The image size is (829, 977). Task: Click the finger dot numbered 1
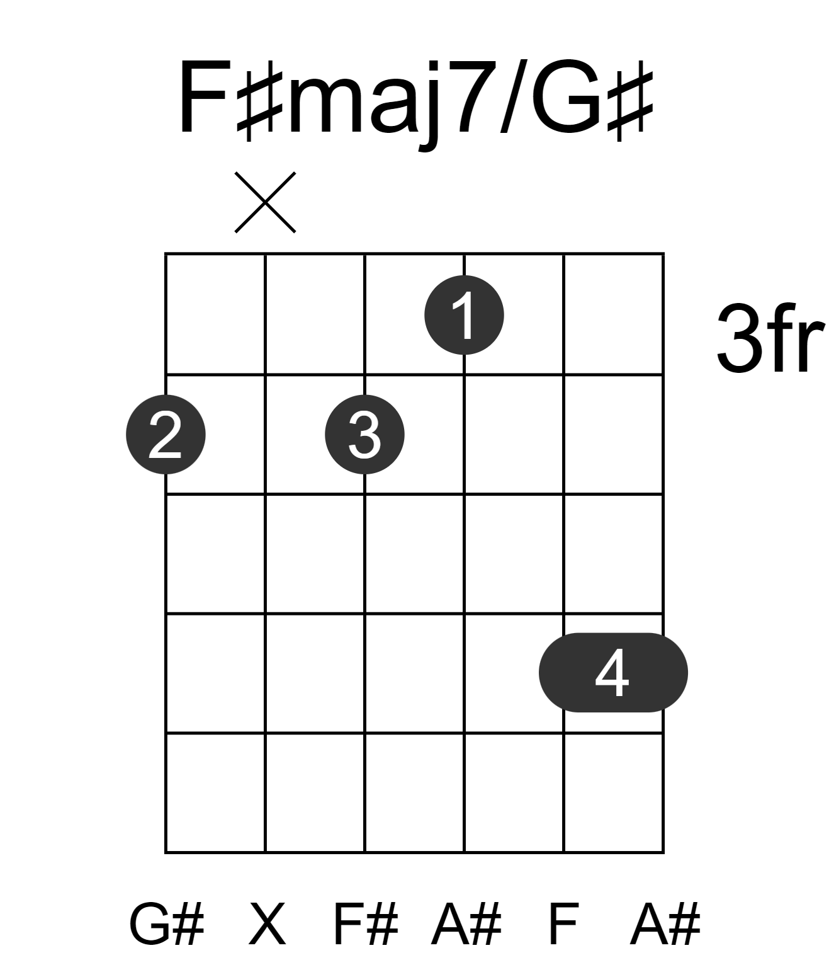[464, 315]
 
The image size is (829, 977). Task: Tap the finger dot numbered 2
[166, 435]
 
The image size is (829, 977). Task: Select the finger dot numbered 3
[364, 435]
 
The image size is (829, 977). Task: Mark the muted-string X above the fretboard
[265, 202]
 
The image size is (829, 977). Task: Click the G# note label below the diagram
[166, 924]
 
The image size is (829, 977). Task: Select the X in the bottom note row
[268, 924]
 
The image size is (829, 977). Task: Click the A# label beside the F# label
[466, 924]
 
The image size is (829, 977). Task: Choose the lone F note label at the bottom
[563, 924]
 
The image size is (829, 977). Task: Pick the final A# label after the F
[665, 924]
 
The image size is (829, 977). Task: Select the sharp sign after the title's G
[630, 100]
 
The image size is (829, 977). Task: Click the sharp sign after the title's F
[260, 100]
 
